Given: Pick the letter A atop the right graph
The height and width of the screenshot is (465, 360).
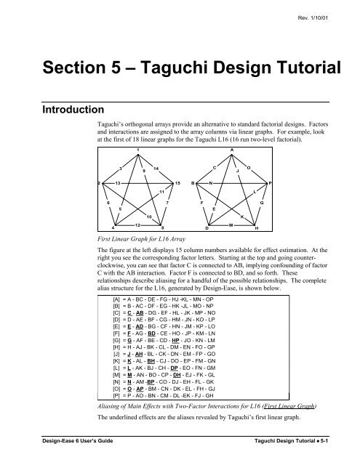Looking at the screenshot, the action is [231, 148].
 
